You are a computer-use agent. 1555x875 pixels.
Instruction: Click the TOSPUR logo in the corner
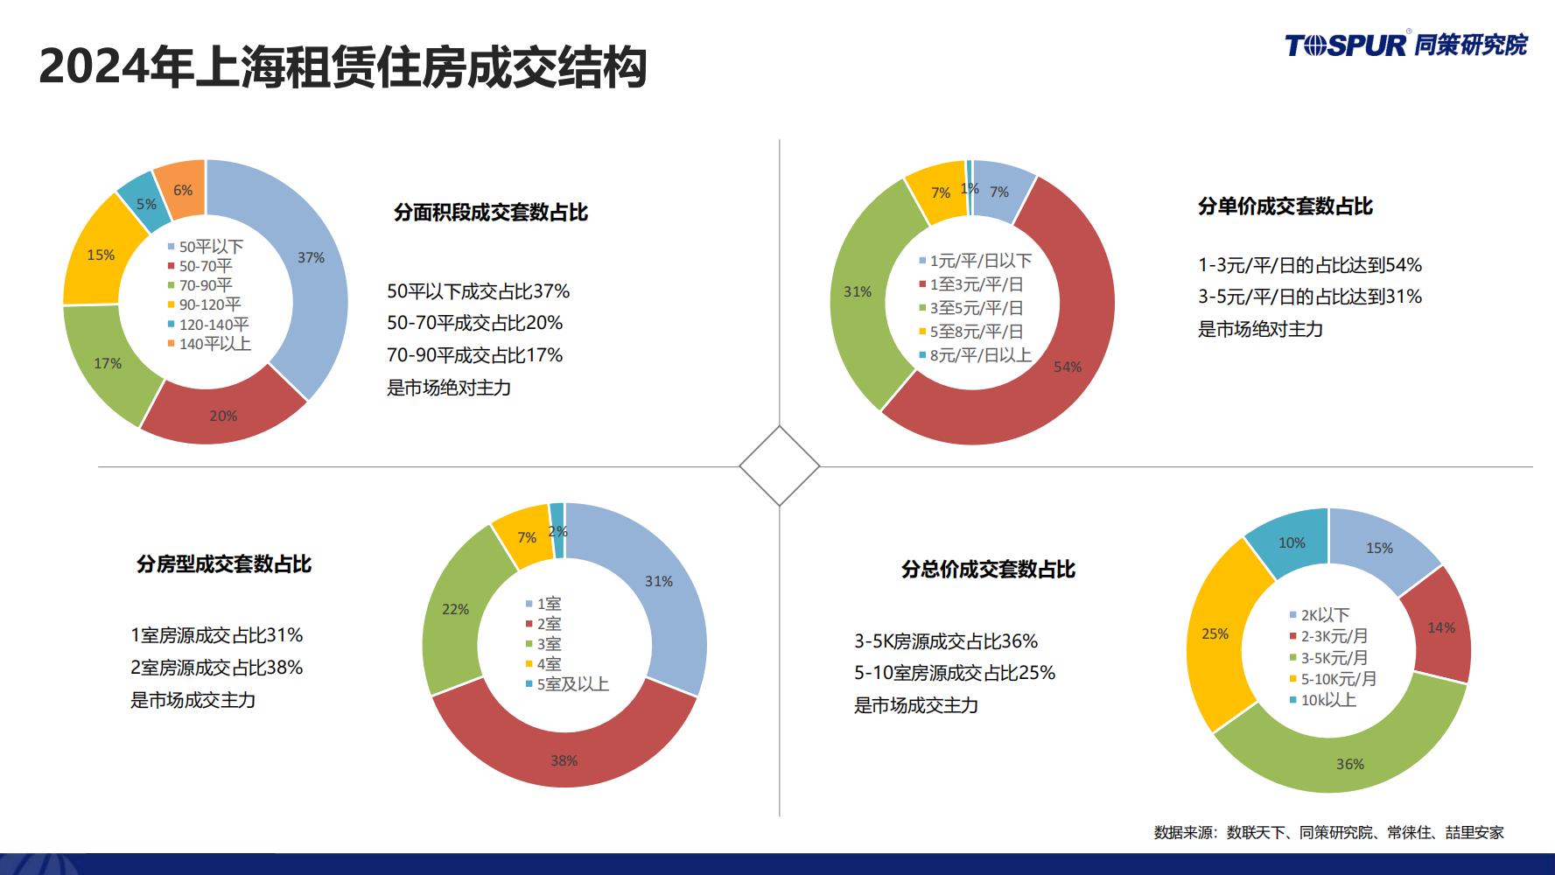click(1405, 44)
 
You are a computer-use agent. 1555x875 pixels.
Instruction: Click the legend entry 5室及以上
click(567, 684)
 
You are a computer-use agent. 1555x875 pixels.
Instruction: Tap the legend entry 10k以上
click(1322, 700)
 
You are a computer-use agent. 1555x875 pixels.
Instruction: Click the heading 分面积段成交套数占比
click(491, 213)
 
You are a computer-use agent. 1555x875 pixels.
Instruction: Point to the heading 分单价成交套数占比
click(1285, 206)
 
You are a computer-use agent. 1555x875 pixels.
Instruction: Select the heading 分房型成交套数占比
click(224, 564)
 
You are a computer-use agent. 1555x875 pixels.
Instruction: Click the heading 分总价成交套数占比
click(988, 570)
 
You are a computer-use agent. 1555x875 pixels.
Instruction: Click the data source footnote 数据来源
click(1328, 832)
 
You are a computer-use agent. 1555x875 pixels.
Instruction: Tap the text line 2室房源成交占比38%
click(217, 668)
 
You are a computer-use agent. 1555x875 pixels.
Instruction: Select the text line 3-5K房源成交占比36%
click(946, 641)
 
